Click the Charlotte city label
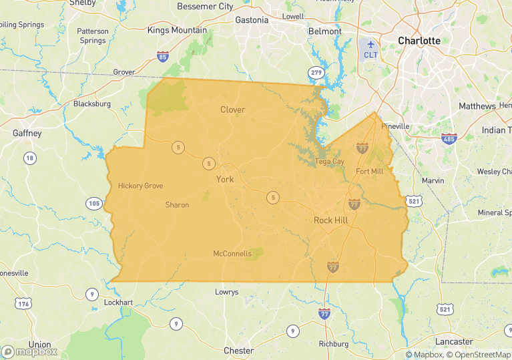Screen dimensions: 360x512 419,41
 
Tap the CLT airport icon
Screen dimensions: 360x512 370,44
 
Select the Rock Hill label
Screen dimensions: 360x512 332,220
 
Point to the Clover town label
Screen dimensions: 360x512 232,110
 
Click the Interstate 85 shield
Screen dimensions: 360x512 163,57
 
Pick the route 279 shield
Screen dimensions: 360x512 316,71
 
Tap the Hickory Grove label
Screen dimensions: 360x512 140,186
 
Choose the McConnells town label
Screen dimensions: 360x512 232,254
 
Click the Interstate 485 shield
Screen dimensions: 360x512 449,138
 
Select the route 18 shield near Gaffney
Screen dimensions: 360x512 29,158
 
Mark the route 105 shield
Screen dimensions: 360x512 93,203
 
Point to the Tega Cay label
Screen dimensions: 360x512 329,162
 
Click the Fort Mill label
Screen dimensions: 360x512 369,172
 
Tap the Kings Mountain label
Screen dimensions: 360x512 177,30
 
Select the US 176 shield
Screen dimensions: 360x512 24,304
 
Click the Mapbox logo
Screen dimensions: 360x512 29,351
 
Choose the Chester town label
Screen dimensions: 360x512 238,351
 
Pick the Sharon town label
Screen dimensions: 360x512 177,205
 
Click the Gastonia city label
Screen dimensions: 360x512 252,20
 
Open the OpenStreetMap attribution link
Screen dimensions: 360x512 477,355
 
